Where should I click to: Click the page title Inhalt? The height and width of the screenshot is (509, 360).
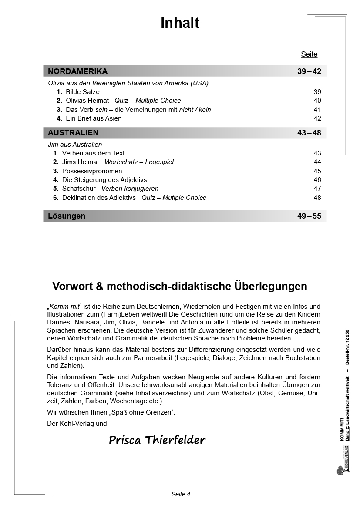180,23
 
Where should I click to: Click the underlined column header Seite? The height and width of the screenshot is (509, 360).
309,54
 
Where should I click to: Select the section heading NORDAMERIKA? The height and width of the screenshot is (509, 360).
77,71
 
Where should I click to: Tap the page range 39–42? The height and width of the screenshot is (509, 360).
309,71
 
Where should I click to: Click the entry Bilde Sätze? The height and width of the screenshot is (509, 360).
83,92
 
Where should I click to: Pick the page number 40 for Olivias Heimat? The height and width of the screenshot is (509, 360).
317,101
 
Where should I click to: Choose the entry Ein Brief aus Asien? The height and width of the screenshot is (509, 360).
94,118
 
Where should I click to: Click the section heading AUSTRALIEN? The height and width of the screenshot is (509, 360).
73,133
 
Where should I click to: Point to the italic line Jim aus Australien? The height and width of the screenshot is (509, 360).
75,145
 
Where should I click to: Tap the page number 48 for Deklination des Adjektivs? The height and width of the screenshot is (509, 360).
317,198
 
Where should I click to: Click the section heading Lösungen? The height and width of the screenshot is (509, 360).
67,216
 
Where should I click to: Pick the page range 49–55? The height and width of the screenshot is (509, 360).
309,216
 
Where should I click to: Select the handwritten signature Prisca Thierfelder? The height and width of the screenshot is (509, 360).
157,440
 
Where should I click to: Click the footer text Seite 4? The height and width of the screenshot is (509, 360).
181,494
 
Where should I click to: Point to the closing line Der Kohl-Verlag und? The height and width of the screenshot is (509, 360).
77,423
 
